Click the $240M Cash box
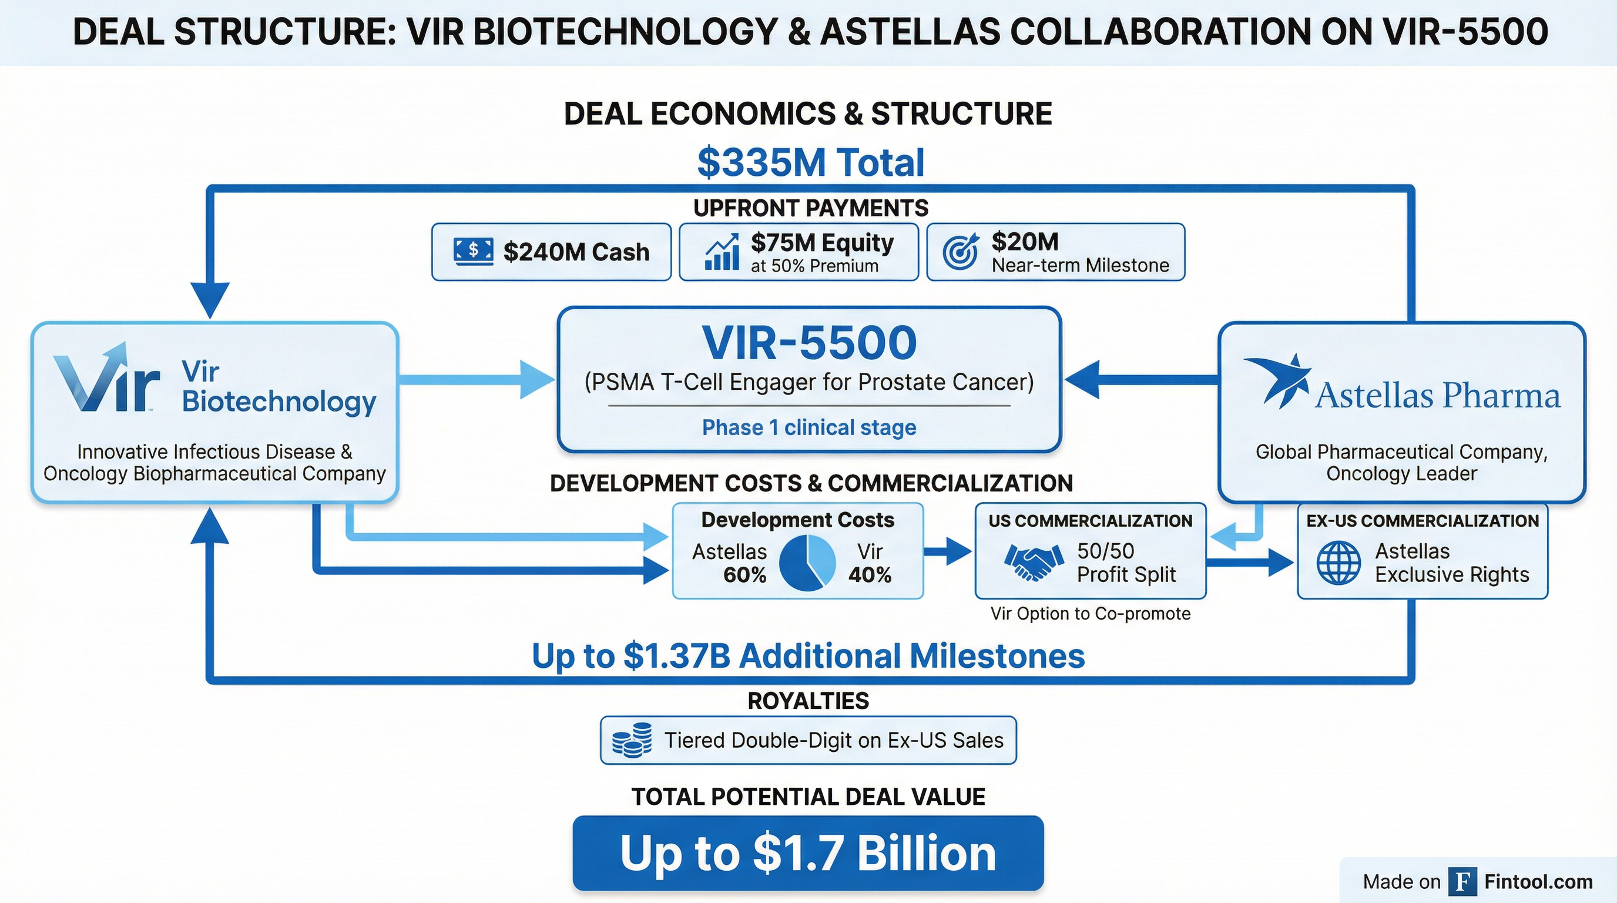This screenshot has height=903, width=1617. [x=551, y=252]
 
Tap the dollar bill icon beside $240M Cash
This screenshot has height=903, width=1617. [x=474, y=251]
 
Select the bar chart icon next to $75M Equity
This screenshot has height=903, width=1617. [x=722, y=252]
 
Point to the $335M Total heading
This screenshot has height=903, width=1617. [x=810, y=162]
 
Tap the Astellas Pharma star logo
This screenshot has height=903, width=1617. [x=1277, y=380]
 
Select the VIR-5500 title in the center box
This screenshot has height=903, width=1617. [x=809, y=343]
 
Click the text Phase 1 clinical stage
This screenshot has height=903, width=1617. [x=809, y=427]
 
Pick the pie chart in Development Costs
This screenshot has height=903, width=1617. [x=807, y=563]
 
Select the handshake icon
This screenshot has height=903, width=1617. [x=1034, y=562]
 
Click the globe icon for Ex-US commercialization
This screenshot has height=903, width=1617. [x=1339, y=563]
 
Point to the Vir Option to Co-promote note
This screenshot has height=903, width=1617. [x=1091, y=614]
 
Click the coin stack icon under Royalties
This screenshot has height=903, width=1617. [x=632, y=740]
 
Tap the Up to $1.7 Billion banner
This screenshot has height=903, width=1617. [x=808, y=853]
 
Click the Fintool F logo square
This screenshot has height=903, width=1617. [x=1463, y=882]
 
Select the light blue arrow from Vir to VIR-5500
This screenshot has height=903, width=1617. [x=477, y=379]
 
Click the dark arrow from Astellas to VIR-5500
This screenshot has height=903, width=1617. [x=1142, y=379]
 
